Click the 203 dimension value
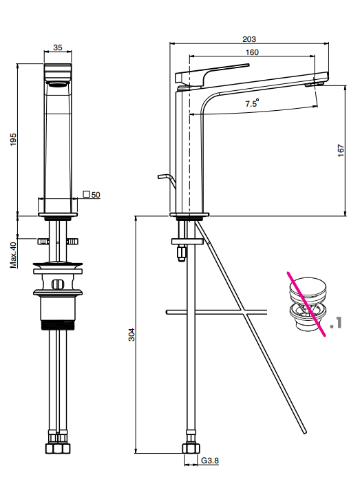249,39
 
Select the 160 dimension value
252,52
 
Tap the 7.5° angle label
252,103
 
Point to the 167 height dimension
341,151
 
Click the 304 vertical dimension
131,335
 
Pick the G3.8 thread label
210,461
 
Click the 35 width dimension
58,48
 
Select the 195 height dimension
13,139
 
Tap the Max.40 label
13,255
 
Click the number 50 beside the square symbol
96,195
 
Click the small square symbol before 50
86,194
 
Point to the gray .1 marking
336,323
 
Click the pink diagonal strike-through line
306,304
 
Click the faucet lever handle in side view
212,74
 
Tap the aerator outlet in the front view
58,83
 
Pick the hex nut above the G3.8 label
191,449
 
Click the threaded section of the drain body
58,325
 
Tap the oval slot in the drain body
58,284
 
